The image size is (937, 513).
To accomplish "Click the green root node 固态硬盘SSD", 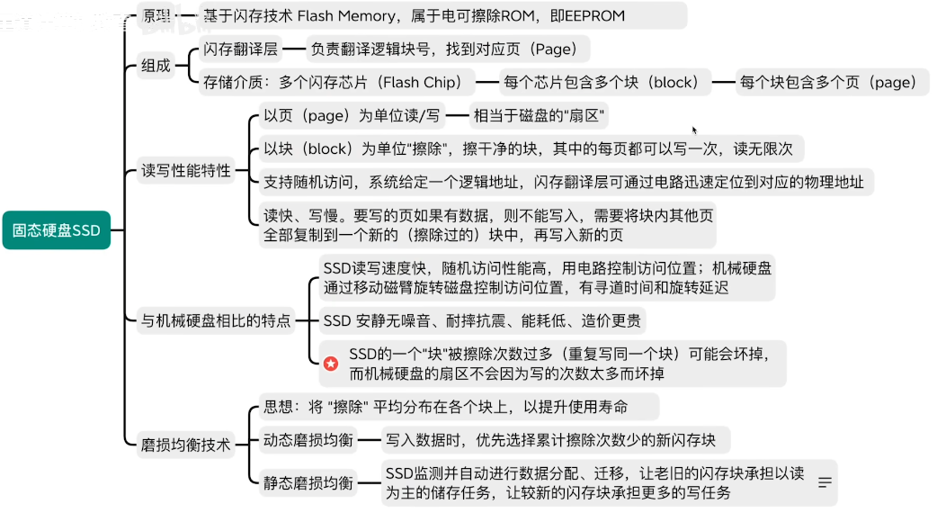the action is click(x=56, y=230).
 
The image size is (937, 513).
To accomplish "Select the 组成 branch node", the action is click(x=156, y=66).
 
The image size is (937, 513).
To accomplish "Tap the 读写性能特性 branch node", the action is click(x=186, y=170).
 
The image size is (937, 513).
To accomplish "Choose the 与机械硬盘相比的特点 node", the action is click(x=216, y=319).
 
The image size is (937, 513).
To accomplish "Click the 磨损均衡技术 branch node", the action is click(x=186, y=444).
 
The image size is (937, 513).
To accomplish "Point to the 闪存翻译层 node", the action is click(x=240, y=49).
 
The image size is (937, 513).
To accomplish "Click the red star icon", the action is click(x=331, y=364).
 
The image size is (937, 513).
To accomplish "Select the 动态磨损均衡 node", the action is click(x=308, y=439).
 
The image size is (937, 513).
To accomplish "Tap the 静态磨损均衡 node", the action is click(x=308, y=482).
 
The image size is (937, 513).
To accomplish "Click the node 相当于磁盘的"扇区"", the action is click(x=540, y=115).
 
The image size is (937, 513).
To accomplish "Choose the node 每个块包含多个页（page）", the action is click(x=827, y=83).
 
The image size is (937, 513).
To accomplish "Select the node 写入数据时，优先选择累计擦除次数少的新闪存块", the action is click(x=551, y=439).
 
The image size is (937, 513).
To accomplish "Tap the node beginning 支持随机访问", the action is click(x=563, y=182).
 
